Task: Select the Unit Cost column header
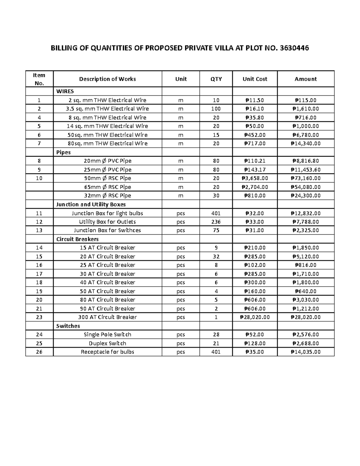coord(255,79)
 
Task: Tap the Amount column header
coord(305,79)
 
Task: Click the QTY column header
coord(216,79)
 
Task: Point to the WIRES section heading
coord(65,91)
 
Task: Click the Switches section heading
coord(68,326)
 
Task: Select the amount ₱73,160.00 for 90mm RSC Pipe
coord(305,178)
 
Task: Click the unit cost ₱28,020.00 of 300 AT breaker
coord(255,317)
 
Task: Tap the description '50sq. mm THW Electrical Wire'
coord(107,135)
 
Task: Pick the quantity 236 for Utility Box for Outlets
coord(216,222)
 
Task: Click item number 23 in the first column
coord(39,317)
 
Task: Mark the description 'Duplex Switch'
coord(107,343)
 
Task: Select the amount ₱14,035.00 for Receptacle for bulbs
coord(305,352)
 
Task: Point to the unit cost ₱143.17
coord(255,170)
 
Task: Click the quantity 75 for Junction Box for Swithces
coord(216,230)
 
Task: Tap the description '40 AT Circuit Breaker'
coord(107,282)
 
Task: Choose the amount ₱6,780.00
coord(305,135)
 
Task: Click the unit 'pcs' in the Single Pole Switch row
coord(181,335)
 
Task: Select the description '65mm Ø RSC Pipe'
coord(107,187)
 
